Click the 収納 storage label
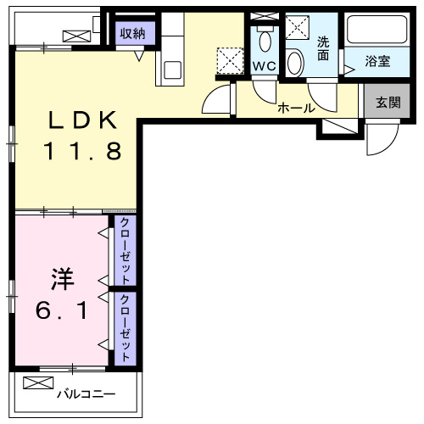point(131,33)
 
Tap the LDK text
point(82,121)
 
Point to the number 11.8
point(82,152)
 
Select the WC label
point(263,65)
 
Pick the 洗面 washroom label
point(323,48)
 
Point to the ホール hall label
point(296,108)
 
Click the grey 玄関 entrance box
point(388,103)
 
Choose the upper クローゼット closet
point(125,250)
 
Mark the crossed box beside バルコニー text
point(37,383)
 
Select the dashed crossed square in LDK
point(229,59)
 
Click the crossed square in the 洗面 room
point(298,28)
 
